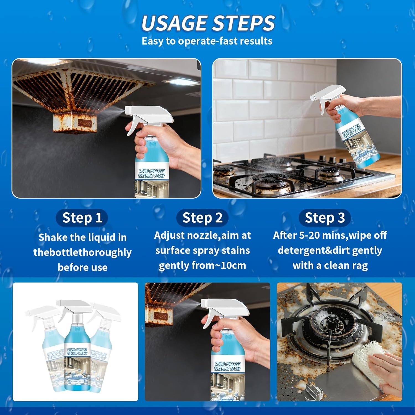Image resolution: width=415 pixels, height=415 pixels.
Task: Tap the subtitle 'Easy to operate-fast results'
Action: pos(207,41)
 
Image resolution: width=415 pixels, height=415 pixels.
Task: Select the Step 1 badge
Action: pos(82,218)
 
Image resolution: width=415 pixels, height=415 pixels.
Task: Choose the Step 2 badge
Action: pos(202,218)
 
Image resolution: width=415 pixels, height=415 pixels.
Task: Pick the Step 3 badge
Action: pos(325,218)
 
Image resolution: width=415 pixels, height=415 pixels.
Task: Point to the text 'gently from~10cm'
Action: pos(202,265)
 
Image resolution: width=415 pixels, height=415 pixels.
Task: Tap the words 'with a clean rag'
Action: pos(330,265)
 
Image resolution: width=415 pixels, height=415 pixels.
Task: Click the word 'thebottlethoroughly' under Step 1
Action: pos(82,252)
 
